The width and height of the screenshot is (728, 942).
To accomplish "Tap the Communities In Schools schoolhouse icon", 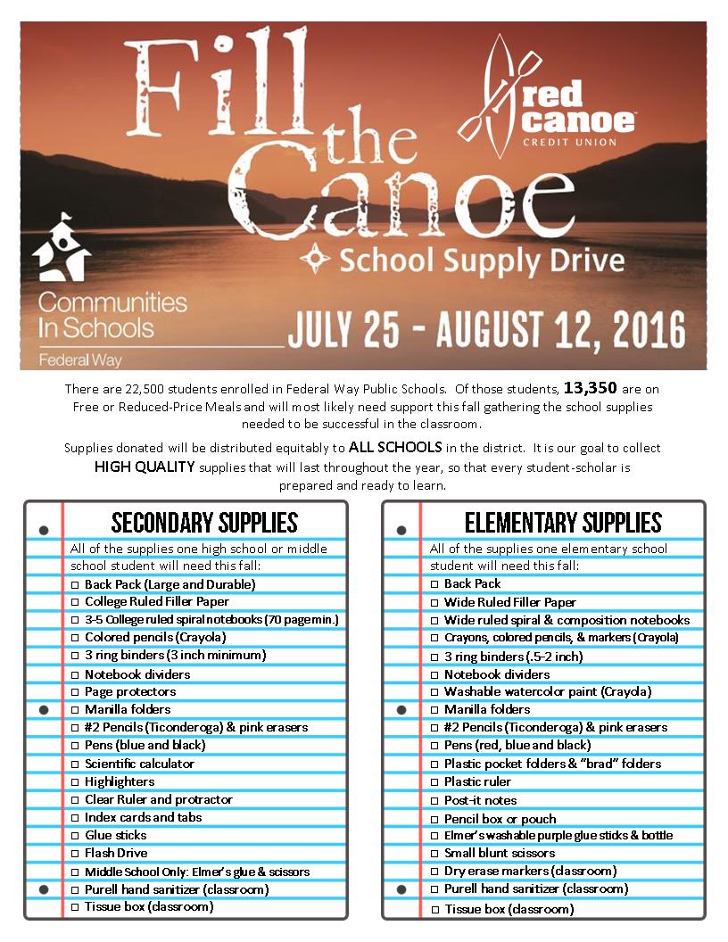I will [62, 247].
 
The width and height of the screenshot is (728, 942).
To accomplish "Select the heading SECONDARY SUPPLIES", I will [204, 523].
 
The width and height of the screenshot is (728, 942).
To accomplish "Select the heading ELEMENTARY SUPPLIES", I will [563, 523].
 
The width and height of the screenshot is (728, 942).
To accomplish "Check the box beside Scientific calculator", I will [75, 764].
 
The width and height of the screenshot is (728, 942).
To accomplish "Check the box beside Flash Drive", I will [75, 854].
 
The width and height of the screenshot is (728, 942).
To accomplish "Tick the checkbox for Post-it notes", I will [434, 801].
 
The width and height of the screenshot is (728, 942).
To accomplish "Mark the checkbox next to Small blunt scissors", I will [434, 854].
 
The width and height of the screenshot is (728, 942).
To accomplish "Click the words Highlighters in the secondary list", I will [120, 781].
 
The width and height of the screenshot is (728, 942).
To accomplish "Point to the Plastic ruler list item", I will [477, 781].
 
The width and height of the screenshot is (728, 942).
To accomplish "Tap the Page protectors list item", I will [130, 691].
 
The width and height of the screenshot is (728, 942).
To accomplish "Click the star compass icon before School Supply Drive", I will [315, 260].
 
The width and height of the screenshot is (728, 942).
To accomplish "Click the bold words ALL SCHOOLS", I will [396, 446].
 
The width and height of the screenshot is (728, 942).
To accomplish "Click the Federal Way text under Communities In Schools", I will [79, 360].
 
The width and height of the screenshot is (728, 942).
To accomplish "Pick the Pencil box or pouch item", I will [500, 819].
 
